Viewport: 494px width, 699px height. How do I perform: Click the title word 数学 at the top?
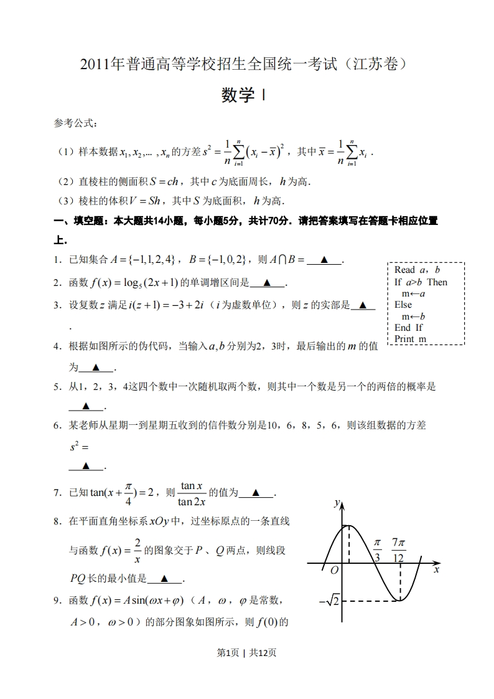[x=239, y=95]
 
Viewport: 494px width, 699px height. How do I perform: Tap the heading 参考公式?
[x=75, y=124]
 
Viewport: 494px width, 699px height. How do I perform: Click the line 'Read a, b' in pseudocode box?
[x=417, y=270]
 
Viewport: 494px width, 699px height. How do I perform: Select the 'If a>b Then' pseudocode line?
[x=421, y=282]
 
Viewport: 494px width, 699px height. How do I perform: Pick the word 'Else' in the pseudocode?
[x=403, y=305]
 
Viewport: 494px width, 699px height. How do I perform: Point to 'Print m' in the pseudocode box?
[x=411, y=339]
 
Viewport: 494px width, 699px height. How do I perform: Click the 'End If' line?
[x=409, y=328]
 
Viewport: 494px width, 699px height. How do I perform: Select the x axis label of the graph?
[x=437, y=569]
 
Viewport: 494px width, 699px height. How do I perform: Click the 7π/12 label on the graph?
[x=399, y=549]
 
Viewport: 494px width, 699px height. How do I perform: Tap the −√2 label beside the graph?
[x=329, y=601]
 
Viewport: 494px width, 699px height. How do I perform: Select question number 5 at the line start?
[x=56, y=386]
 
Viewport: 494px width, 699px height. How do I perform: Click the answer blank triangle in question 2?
[x=267, y=283]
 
